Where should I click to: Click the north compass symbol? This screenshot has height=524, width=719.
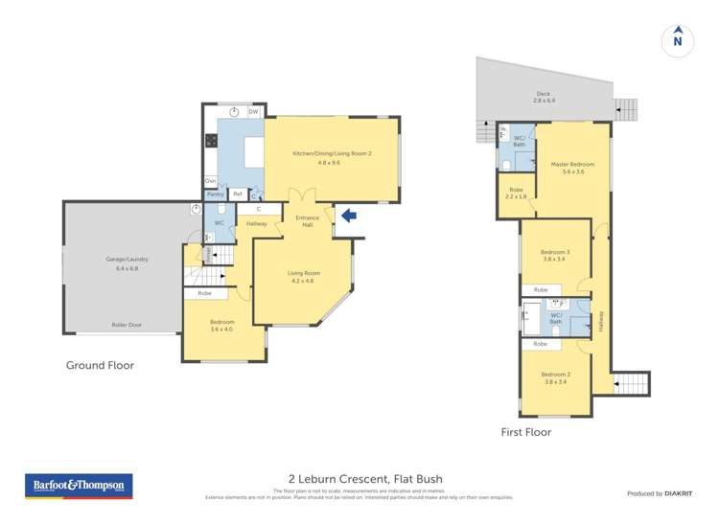[678, 40]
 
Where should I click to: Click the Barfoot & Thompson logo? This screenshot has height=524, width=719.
[79, 487]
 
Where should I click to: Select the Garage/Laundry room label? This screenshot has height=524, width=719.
[127, 263]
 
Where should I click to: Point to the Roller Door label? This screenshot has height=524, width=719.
[126, 326]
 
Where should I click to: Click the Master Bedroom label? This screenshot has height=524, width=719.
[572, 169]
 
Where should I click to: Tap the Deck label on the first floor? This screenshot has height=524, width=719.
[544, 98]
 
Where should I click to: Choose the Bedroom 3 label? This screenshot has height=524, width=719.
[555, 256]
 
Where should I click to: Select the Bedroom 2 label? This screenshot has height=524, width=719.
[555, 377]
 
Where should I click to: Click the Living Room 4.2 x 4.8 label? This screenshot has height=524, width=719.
[304, 277]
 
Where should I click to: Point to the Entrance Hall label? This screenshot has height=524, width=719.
[307, 221]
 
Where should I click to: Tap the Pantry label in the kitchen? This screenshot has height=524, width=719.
[215, 194]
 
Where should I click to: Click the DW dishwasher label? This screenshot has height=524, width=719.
[253, 112]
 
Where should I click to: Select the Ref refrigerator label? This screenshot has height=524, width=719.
[237, 194]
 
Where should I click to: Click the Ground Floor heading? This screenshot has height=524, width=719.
[100, 365]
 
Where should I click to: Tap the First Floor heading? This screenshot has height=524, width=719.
[526, 432]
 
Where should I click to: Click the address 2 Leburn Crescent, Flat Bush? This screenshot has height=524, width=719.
[365, 479]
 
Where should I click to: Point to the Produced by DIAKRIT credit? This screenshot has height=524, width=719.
[658, 493]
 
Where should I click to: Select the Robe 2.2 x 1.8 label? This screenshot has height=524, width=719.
[516, 194]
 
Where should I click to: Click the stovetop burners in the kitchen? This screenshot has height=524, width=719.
[211, 140]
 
